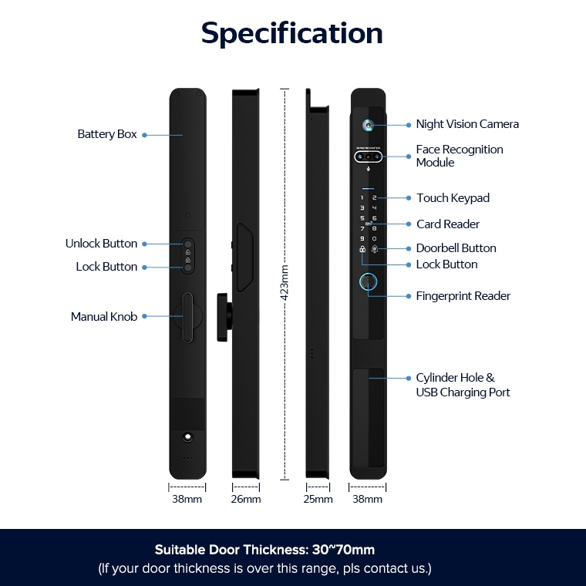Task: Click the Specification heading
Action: (x=292, y=34)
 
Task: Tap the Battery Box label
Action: (x=107, y=134)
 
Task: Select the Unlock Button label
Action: (x=101, y=244)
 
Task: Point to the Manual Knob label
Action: (x=104, y=317)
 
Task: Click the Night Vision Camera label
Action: (x=467, y=124)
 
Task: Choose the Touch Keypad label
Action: (x=453, y=198)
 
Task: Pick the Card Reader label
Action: (x=448, y=224)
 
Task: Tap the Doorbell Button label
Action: (x=456, y=248)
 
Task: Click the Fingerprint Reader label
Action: (x=463, y=296)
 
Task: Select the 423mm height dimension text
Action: (x=285, y=282)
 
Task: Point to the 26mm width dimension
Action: (x=245, y=500)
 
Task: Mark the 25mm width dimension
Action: (x=318, y=500)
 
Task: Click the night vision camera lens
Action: (x=369, y=125)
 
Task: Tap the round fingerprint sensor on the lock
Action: (x=368, y=282)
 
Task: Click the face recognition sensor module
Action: (x=369, y=157)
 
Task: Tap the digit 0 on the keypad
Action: (x=375, y=239)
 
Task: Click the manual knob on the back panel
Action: (x=187, y=318)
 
